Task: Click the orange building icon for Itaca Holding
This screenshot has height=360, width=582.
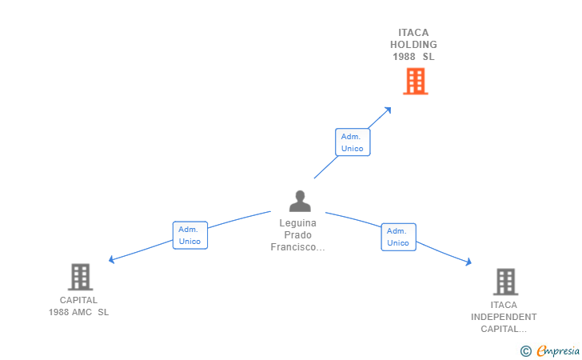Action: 416,82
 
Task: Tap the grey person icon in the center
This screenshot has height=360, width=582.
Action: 300,201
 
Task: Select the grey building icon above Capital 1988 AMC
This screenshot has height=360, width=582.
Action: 80,277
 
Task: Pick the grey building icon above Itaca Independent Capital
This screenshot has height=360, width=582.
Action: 505,282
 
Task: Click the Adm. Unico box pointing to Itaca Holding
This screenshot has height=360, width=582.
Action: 353,142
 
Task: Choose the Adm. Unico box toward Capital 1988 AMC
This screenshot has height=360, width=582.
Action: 190,235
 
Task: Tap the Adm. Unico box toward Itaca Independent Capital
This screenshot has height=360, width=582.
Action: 399,237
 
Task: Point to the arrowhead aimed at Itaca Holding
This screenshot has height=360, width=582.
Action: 389,110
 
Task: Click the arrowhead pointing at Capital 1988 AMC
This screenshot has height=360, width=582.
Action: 111,259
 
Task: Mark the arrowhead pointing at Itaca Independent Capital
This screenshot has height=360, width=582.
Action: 468,262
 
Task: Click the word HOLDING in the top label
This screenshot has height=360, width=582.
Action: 413,45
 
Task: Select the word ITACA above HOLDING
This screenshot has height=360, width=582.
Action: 413,33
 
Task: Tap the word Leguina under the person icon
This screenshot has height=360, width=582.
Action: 297,223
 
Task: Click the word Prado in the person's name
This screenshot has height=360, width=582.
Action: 297,234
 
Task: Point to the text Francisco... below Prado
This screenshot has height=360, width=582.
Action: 297,247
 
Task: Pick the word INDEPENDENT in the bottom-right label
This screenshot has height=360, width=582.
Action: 504,317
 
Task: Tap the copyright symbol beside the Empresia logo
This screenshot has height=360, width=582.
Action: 525,350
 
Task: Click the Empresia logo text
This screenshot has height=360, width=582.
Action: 558,350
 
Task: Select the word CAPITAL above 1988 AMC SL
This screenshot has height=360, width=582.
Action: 78,300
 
